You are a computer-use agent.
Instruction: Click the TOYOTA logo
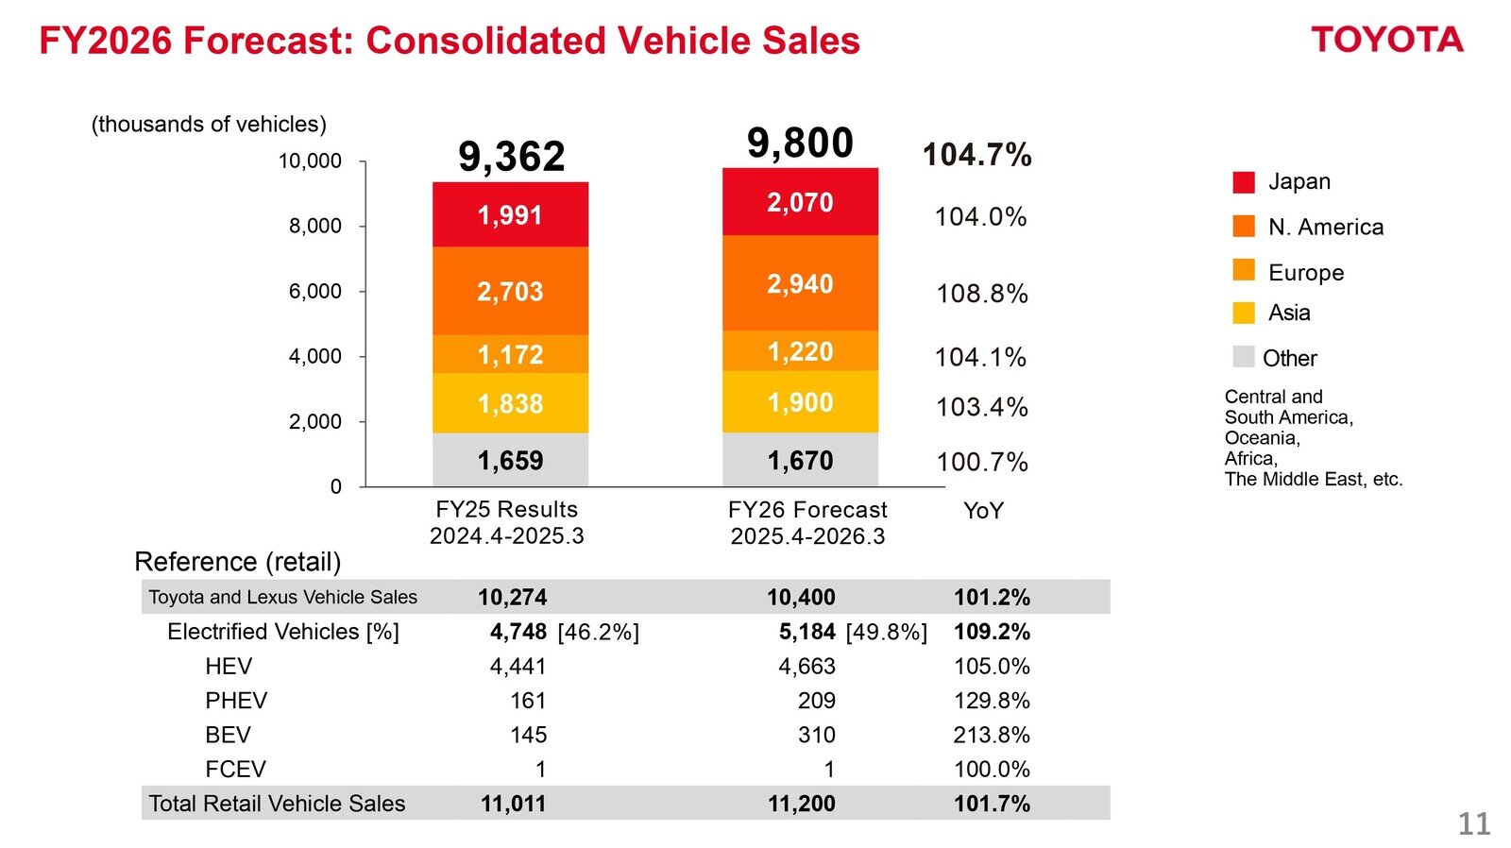tap(1386, 40)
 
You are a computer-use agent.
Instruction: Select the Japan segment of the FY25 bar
tap(510, 215)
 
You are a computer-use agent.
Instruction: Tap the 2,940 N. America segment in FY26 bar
tap(800, 283)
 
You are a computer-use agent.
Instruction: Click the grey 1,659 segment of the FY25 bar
tap(510, 460)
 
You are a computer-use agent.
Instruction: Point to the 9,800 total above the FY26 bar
tap(800, 144)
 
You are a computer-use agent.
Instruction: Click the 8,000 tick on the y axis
tap(315, 226)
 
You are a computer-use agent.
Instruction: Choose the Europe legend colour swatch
tap(1244, 271)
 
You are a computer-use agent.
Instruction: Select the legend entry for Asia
tap(1288, 313)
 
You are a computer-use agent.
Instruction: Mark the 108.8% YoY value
tap(981, 294)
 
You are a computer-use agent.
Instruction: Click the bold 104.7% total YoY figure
tap(976, 155)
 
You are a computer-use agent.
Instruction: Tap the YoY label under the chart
tap(982, 511)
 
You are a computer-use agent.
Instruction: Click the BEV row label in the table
tap(228, 735)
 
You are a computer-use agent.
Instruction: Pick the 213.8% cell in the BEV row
tap(991, 735)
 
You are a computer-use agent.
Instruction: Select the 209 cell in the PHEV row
tap(816, 701)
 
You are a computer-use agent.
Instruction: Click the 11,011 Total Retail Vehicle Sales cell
tap(513, 804)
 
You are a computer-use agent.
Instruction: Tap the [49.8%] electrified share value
tap(886, 632)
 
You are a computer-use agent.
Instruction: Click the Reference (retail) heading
tap(237, 562)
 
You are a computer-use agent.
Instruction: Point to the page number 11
tap(1473, 823)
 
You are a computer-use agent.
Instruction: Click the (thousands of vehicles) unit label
tap(209, 125)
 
